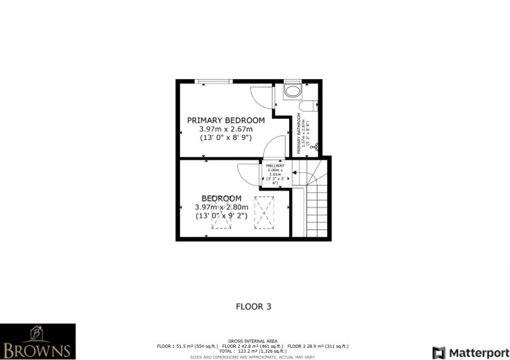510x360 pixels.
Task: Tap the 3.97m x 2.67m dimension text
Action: pos(226,128)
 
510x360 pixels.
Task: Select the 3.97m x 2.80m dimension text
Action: pos(221,208)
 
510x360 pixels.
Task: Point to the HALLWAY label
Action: pos(275,165)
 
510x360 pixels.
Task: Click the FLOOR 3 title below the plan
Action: pos(253,307)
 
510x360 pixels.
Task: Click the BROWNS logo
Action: pos(38,341)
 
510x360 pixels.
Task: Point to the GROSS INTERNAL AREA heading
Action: pos(252,341)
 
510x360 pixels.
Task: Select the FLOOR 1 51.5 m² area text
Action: pos(187,346)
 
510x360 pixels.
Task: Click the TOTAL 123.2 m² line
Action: pos(253,351)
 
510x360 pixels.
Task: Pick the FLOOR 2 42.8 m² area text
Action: pos(253,346)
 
